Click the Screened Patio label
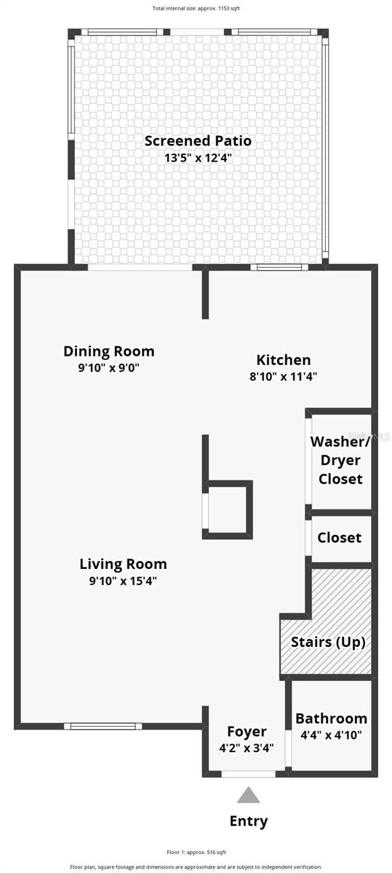(x=198, y=140)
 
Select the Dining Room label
(x=109, y=351)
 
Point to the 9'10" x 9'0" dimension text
(x=109, y=368)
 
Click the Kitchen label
(x=284, y=360)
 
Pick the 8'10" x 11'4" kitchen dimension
(x=284, y=377)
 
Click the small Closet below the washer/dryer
(x=340, y=538)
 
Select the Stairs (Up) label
(x=328, y=642)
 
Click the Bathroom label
(x=331, y=718)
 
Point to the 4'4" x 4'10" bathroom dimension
(x=331, y=735)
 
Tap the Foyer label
(x=247, y=731)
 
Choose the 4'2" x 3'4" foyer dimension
(x=247, y=747)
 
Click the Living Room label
(x=123, y=564)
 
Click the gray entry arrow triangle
(x=249, y=795)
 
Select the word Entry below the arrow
(x=249, y=821)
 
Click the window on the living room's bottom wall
(x=103, y=725)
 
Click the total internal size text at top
(x=196, y=9)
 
